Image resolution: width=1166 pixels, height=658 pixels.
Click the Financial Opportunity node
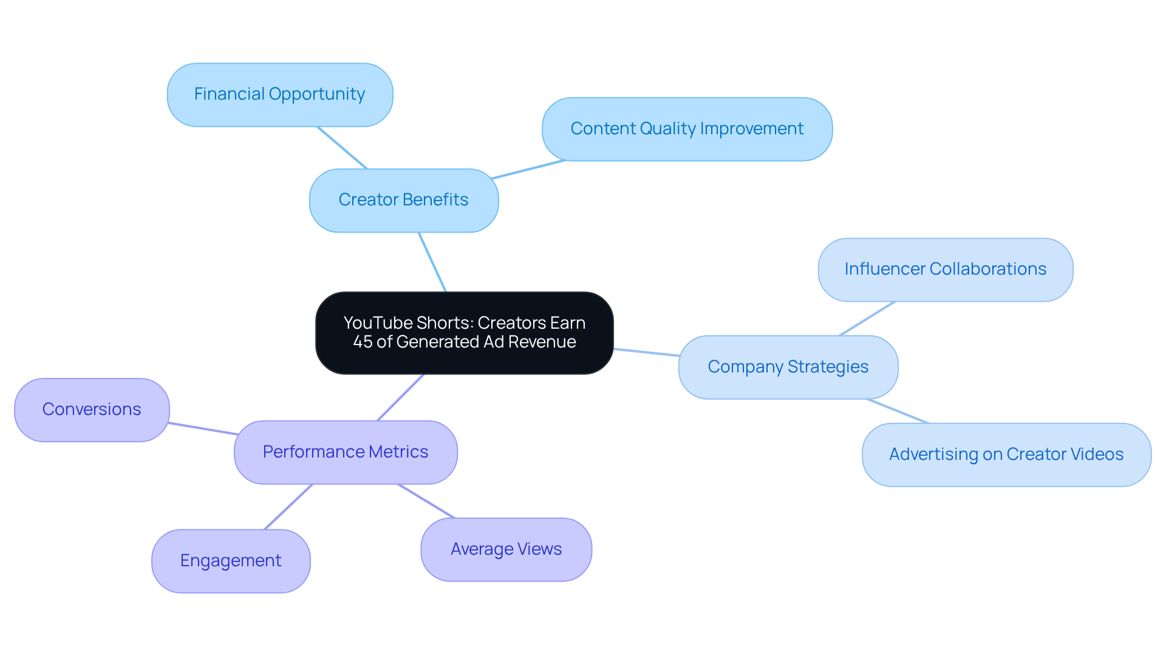click(x=280, y=95)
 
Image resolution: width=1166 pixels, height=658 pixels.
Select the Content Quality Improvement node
click(x=687, y=129)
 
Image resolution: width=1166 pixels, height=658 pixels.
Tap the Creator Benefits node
click(x=403, y=200)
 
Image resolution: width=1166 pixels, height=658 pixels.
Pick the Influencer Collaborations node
click(x=945, y=270)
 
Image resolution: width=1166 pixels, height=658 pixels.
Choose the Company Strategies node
click(x=788, y=368)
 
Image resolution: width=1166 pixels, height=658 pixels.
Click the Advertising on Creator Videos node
click(x=1006, y=455)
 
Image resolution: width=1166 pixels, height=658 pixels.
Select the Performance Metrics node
click(x=345, y=453)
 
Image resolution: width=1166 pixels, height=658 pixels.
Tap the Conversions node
click(x=92, y=410)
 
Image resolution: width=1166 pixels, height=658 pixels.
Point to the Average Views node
click(x=506, y=550)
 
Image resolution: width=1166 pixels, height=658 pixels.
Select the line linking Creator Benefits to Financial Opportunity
click(x=342, y=148)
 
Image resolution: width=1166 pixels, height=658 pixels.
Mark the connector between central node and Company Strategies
click(x=646, y=352)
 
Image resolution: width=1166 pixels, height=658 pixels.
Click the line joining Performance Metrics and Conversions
click(x=202, y=428)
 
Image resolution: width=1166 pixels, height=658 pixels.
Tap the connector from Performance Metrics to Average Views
click(x=426, y=501)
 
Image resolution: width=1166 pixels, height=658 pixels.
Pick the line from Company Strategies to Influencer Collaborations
click(x=867, y=318)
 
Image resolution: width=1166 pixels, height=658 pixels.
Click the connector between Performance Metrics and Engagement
click(x=288, y=507)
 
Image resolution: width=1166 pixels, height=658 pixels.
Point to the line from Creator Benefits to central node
click(x=432, y=262)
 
